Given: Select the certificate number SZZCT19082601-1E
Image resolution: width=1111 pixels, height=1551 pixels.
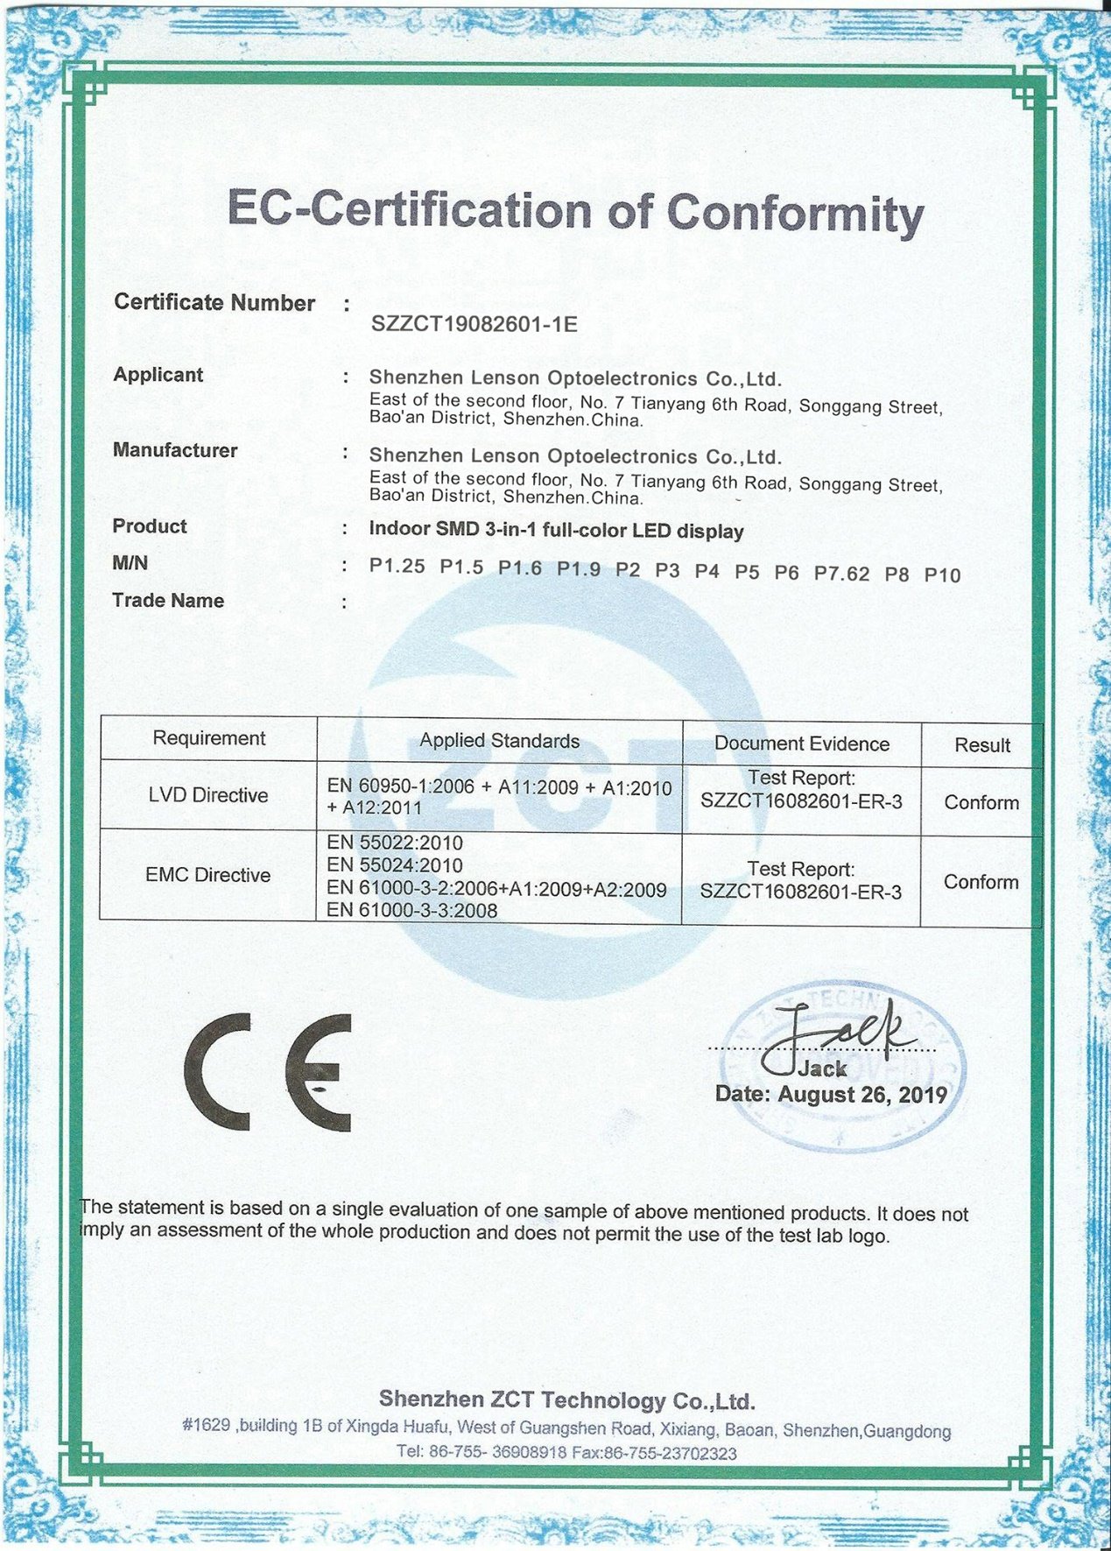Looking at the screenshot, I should tap(474, 323).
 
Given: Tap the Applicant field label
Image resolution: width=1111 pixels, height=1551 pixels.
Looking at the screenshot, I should tap(158, 375).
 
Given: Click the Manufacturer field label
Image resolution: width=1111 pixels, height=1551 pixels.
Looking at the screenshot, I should tap(175, 450).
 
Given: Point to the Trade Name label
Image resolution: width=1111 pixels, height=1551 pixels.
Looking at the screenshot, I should tap(168, 601).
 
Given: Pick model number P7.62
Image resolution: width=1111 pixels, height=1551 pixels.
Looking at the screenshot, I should tap(841, 574).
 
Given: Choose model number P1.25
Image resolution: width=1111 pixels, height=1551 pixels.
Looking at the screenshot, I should tap(397, 566).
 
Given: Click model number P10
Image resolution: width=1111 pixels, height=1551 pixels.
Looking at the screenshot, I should tap(942, 575).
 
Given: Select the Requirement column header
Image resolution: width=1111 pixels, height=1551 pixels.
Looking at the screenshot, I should tap(208, 738).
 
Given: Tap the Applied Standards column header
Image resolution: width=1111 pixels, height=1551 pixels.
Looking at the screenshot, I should tap(499, 741).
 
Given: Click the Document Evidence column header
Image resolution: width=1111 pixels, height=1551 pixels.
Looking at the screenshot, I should tap(801, 744).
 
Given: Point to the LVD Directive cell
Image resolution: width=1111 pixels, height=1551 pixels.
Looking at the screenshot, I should tap(208, 795).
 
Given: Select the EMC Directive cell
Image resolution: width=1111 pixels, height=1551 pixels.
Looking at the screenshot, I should tap(208, 875).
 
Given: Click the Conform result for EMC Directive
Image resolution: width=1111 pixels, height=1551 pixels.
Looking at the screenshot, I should tap(981, 882).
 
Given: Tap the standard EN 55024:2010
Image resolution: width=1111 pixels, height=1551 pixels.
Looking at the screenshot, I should tap(395, 865).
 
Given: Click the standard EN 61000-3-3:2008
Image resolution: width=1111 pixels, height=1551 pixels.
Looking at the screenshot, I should tap(411, 911).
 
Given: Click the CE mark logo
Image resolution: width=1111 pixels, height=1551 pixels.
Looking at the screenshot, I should tap(268, 1071).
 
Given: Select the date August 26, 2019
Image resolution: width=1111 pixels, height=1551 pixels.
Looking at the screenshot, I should tap(861, 1095).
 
